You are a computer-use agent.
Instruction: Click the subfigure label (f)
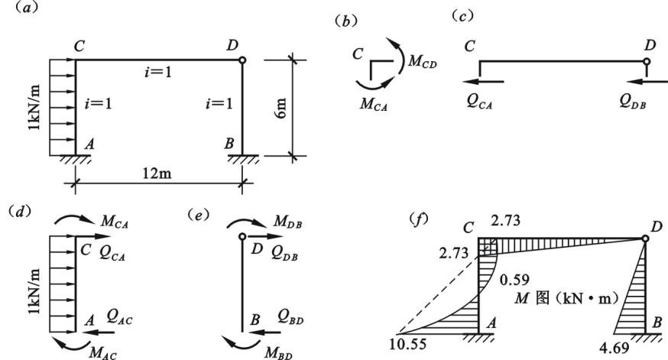tap(418, 219)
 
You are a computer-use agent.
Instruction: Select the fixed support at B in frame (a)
tap(242, 158)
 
